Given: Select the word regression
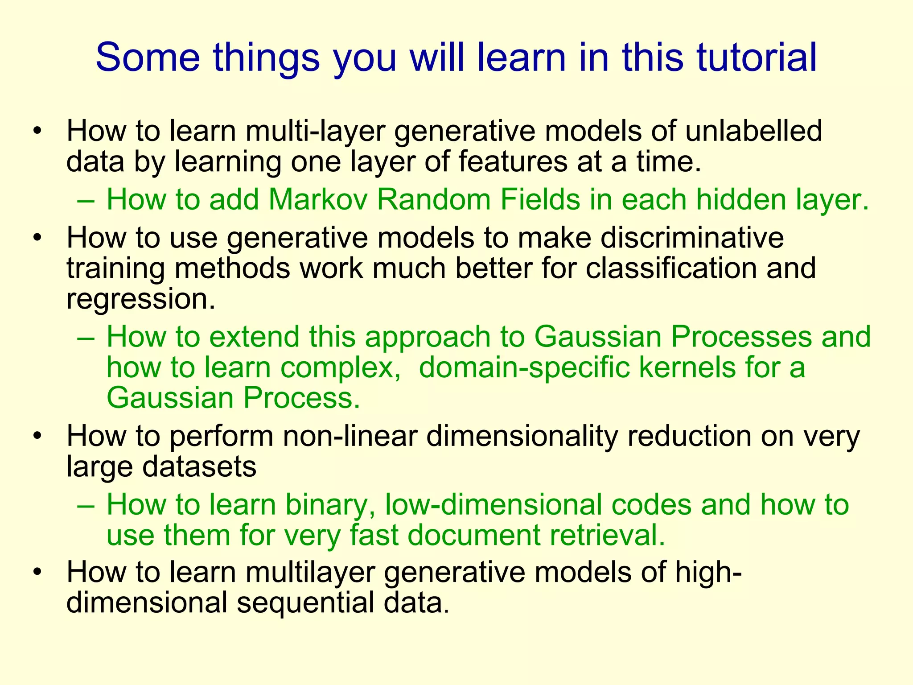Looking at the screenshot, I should click(x=140, y=299).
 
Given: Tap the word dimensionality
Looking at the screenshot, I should click(x=522, y=436).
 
